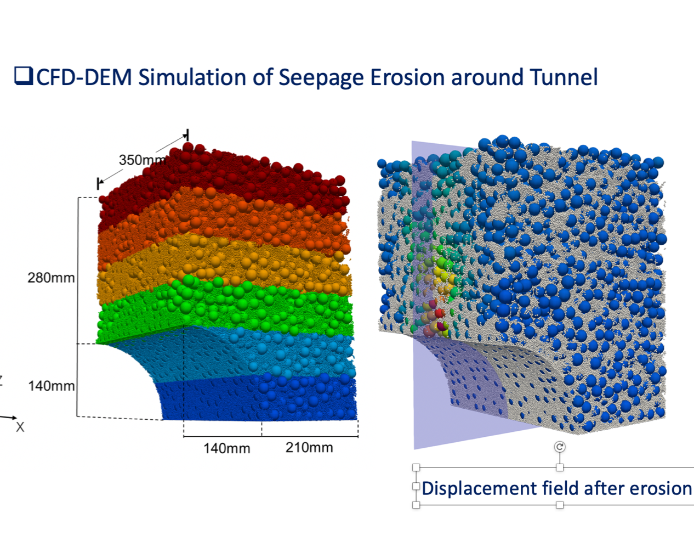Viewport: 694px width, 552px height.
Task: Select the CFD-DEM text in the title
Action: (x=84, y=77)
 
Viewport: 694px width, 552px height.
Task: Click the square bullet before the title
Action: (x=24, y=76)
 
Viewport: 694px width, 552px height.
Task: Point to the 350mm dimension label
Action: (x=143, y=160)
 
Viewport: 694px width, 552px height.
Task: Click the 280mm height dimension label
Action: (x=51, y=278)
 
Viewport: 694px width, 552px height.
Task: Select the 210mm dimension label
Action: (x=309, y=447)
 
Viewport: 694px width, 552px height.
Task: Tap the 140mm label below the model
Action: (x=227, y=448)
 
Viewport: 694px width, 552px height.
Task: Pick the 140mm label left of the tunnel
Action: (x=52, y=386)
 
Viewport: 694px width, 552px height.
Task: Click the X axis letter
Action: (x=20, y=427)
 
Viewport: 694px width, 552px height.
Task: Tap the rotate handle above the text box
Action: (x=560, y=447)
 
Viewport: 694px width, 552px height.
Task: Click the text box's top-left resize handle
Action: (x=416, y=467)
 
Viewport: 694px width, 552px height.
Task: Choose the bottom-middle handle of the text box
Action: (x=560, y=505)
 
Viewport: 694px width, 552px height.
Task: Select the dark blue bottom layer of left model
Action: (x=258, y=400)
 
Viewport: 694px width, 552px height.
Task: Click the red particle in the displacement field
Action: (x=439, y=313)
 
